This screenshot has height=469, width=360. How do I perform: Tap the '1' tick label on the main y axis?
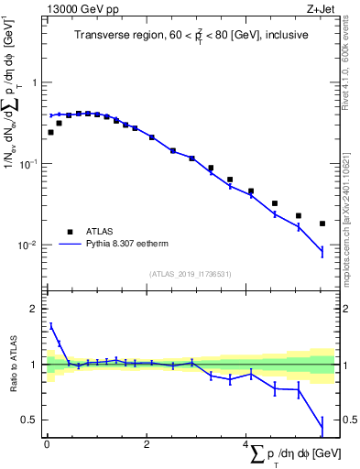(x=34, y=82)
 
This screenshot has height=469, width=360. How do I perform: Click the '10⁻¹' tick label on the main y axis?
(x=30, y=164)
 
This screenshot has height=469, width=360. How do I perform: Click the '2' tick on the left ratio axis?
(x=34, y=309)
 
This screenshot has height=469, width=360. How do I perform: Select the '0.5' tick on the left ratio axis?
(x=30, y=420)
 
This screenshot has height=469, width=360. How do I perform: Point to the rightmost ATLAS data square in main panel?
(x=322, y=224)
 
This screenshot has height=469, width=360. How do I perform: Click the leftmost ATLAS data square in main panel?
(x=50, y=132)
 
